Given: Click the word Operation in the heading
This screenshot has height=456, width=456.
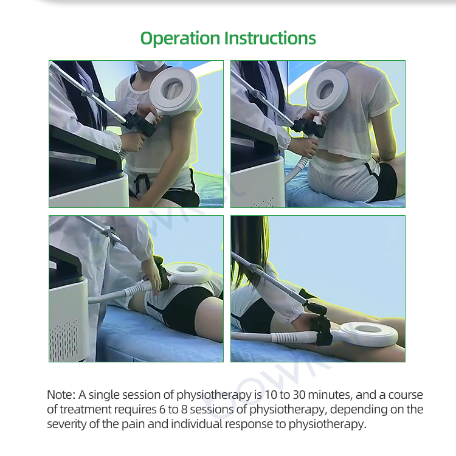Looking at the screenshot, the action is [x=180, y=39].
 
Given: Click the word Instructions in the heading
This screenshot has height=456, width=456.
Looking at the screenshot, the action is [x=270, y=38].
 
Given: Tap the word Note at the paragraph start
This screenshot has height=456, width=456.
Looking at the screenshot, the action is [x=61, y=395].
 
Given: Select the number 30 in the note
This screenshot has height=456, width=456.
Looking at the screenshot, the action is [x=299, y=395].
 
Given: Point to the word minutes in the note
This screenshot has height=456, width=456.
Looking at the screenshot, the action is [x=330, y=395].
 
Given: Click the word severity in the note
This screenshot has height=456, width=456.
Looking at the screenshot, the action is [x=67, y=424].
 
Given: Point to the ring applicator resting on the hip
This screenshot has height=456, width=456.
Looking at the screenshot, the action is [x=189, y=273].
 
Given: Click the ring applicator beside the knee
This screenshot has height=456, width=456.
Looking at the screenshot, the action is [x=368, y=333].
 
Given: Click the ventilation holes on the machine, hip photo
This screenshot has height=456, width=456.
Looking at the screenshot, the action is [x=64, y=340].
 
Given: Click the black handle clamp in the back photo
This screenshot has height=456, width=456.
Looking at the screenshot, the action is [x=309, y=128].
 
